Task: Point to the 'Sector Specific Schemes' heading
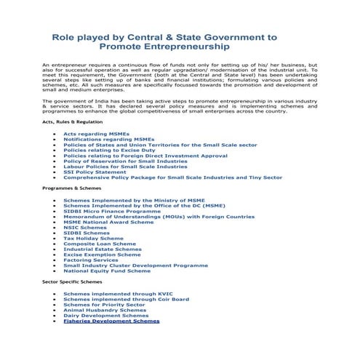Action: click(71, 280)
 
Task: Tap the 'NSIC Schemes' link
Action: click(85, 227)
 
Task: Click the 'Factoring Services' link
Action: click(90, 260)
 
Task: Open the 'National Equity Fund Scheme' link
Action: click(107, 271)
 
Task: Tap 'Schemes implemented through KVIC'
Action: click(114, 293)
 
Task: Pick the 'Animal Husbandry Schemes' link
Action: click(104, 310)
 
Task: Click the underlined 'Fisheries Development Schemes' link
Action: click(111, 321)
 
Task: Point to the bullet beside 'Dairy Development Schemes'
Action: click(55, 316)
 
